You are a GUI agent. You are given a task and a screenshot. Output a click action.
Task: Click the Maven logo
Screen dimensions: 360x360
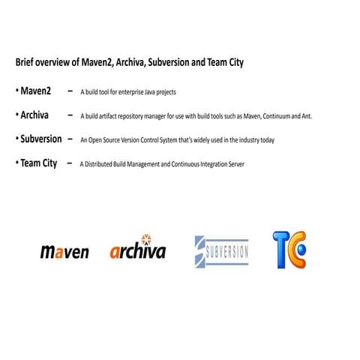tap(64, 251)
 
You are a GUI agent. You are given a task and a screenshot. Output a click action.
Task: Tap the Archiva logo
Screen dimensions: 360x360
tap(137, 250)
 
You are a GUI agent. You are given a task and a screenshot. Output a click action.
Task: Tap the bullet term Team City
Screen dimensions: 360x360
tap(39, 163)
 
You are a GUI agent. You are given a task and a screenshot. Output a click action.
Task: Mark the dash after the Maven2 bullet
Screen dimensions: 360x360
tap(70, 91)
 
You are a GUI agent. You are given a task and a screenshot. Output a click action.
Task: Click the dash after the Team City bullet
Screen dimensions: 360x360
tap(70, 163)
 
